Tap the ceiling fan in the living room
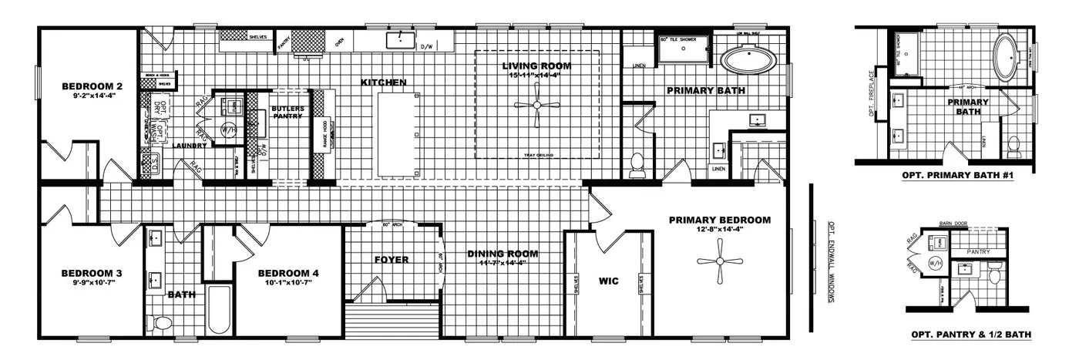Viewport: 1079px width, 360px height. click(536, 106)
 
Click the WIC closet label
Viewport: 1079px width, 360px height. click(609, 282)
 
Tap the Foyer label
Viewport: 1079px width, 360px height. click(391, 260)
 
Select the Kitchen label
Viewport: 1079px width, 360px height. click(383, 82)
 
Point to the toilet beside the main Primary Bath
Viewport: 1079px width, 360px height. click(637, 165)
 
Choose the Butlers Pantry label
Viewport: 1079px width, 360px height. click(288, 112)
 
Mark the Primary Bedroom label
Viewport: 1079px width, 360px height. click(719, 220)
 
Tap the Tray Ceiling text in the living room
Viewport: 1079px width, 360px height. click(536, 155)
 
